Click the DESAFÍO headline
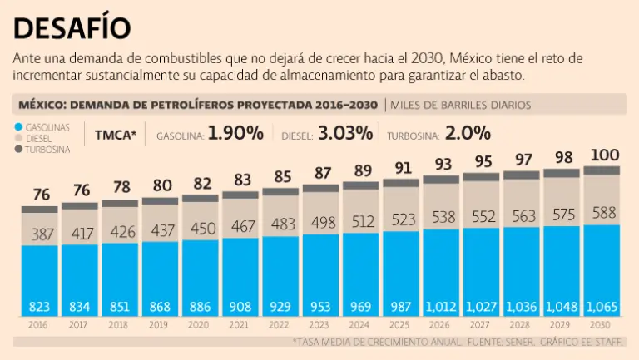(x=72, y=27)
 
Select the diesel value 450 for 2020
(x=201, y=229)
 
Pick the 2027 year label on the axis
(x=481, y=326)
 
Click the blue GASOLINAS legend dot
(x=18, y=126)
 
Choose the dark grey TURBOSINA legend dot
(x=18, y=149)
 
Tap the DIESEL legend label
(x=42, y=138)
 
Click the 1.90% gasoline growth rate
(x=235, y=133)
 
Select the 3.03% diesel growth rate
(x=348, y=133)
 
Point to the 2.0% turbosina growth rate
(x=468, y=133)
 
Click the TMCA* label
(x=115, y=134)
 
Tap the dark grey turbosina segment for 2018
(x=121, y=203)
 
